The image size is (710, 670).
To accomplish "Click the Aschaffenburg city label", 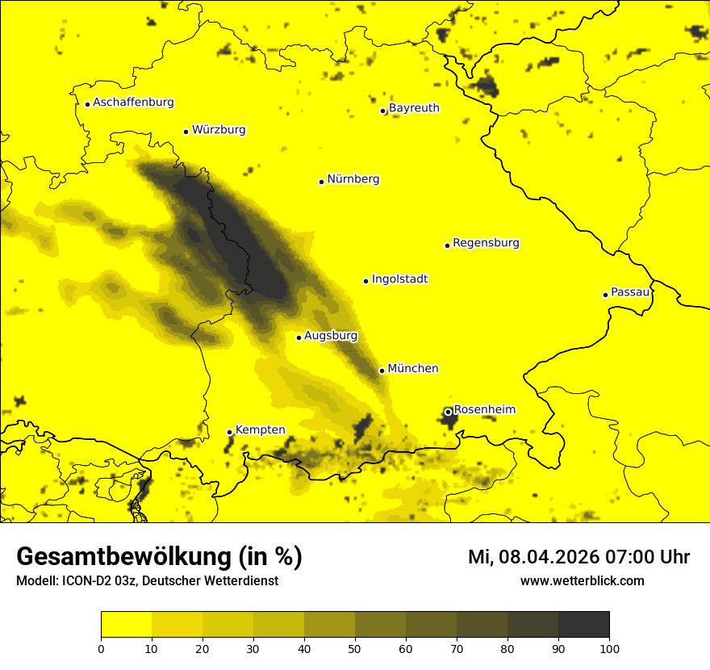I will (x=133, y=103).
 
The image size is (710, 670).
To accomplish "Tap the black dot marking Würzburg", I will (x=186, y=132).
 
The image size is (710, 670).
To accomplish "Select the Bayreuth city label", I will (x=414, y=108).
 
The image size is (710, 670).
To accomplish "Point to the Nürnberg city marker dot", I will (x=321, y=182).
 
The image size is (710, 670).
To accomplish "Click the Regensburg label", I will (x=486, y=243).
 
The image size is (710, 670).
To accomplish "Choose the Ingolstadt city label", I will (x=399, y=279).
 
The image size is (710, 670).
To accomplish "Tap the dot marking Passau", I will (x=605, y=295).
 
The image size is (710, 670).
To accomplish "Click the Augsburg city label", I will (x=331, y=336).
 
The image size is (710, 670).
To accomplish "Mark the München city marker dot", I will (x=382, y=371).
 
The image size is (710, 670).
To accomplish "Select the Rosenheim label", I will (x=484, y=410).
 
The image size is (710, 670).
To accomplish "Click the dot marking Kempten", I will (x=229, y=432).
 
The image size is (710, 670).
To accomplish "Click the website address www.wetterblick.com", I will (x=582, y=580).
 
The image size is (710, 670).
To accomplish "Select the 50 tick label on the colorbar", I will (x=355, y=648).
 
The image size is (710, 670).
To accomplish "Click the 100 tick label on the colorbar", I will (x=609, y=648).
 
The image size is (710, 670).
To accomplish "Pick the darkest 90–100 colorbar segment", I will (x=583, y=625).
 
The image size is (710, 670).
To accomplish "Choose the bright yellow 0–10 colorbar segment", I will (x=126, y=625).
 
